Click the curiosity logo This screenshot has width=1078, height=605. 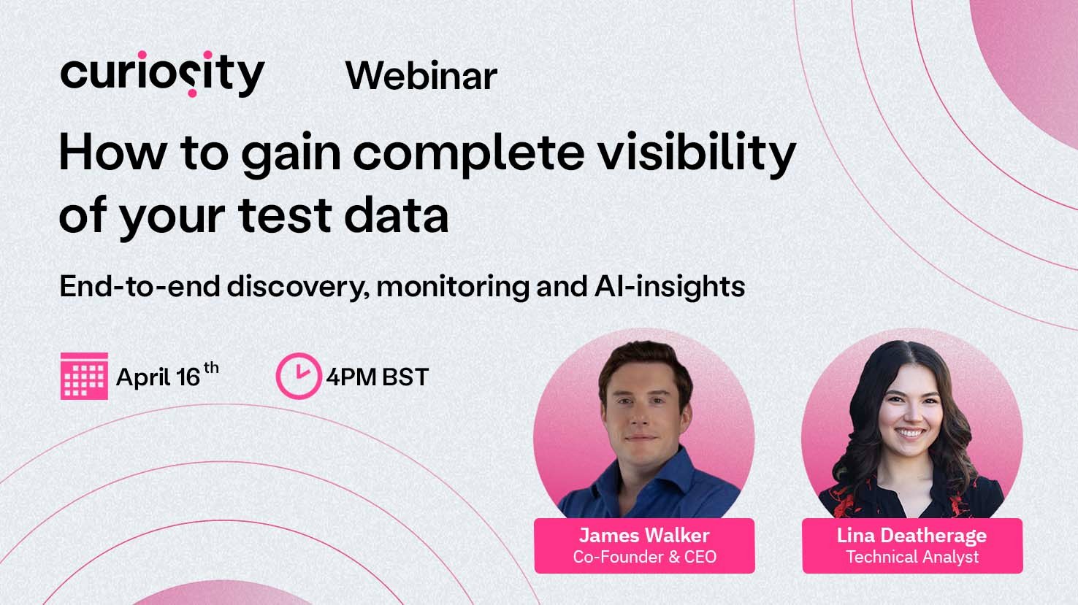click(x=162, y=74)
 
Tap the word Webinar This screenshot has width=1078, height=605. click(x=421, y=76)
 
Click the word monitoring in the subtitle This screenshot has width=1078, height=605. click(x=454, y=286)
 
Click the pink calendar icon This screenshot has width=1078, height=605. click(x=84, y=376)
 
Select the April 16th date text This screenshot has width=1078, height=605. click(x=167, y=376)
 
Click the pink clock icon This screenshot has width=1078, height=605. click(x=297, y=376)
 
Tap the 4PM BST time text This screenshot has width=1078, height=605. click(x=377, y=377)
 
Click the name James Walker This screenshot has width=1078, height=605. click(x=644, y=536)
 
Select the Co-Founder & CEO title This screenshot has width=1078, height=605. click(x=644, y=558)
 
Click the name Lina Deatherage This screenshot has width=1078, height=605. click(x=911, y=536)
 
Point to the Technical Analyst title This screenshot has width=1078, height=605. click(x=912, y=558)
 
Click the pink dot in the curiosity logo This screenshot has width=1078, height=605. click(x=191, y=93)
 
